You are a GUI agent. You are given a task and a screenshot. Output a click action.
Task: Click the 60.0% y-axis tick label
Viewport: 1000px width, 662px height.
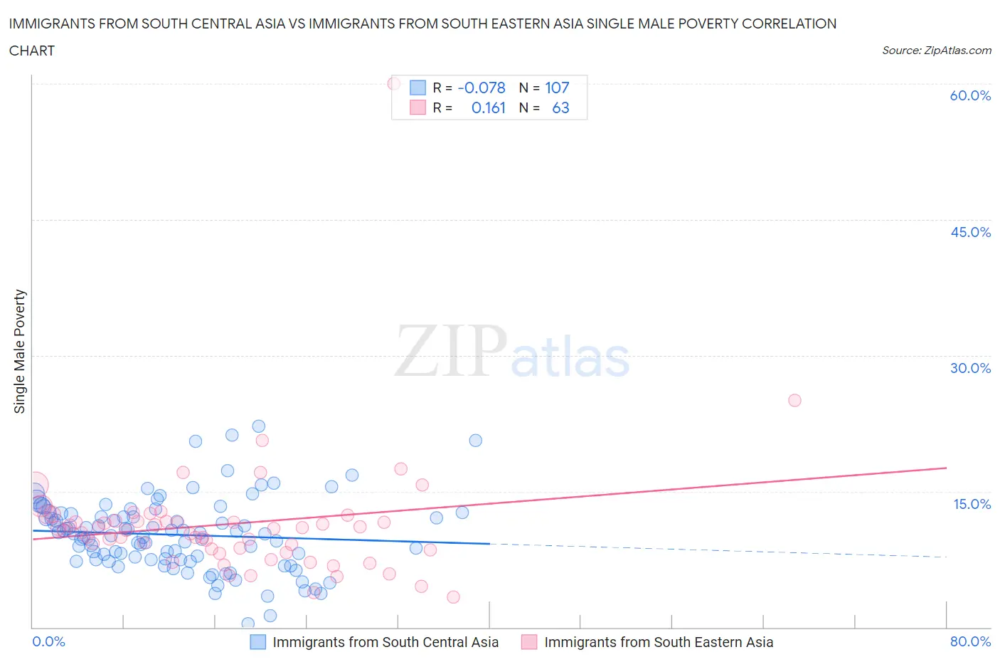coord(970,95)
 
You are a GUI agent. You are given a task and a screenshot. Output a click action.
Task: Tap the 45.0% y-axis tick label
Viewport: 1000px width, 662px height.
coord(970,232)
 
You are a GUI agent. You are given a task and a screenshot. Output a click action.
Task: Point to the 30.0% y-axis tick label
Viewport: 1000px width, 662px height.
coord(970,368)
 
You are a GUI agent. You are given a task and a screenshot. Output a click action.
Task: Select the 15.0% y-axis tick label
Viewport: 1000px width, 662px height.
coord(972,504)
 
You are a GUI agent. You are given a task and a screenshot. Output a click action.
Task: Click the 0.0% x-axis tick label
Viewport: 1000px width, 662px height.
coord(48,641)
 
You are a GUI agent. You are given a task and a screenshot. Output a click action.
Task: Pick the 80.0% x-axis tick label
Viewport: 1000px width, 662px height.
coord(970,641)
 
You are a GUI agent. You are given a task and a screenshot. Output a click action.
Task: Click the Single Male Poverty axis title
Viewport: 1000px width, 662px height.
coord(20,351)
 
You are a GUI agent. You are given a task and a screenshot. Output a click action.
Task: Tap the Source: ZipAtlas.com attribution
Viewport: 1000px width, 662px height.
coord(936,50)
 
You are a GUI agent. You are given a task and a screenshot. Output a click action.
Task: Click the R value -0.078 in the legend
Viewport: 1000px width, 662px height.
coord(482,88)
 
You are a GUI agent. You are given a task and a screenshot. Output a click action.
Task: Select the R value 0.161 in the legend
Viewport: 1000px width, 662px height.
coord(488,107)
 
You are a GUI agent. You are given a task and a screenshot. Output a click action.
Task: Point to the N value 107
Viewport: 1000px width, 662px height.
coord(557,88)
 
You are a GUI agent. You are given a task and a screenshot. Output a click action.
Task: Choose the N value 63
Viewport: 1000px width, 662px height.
coord(560,107)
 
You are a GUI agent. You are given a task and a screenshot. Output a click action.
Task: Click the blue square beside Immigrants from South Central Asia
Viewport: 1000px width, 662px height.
coord(258,642)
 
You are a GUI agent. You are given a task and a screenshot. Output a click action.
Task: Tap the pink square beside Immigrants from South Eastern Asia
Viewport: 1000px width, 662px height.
coord(529,642)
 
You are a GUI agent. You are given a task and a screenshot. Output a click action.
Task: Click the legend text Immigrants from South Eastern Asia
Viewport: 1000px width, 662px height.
coord(658,642)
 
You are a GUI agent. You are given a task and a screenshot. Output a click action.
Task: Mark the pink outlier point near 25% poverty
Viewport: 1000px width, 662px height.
coord(794,400)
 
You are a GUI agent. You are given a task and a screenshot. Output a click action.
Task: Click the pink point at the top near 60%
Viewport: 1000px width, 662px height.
coord(393,83)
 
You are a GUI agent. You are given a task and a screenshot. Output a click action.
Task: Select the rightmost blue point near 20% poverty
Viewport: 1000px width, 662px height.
coord(476,441)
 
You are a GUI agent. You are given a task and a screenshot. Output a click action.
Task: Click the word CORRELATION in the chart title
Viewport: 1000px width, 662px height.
coord(789,23)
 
